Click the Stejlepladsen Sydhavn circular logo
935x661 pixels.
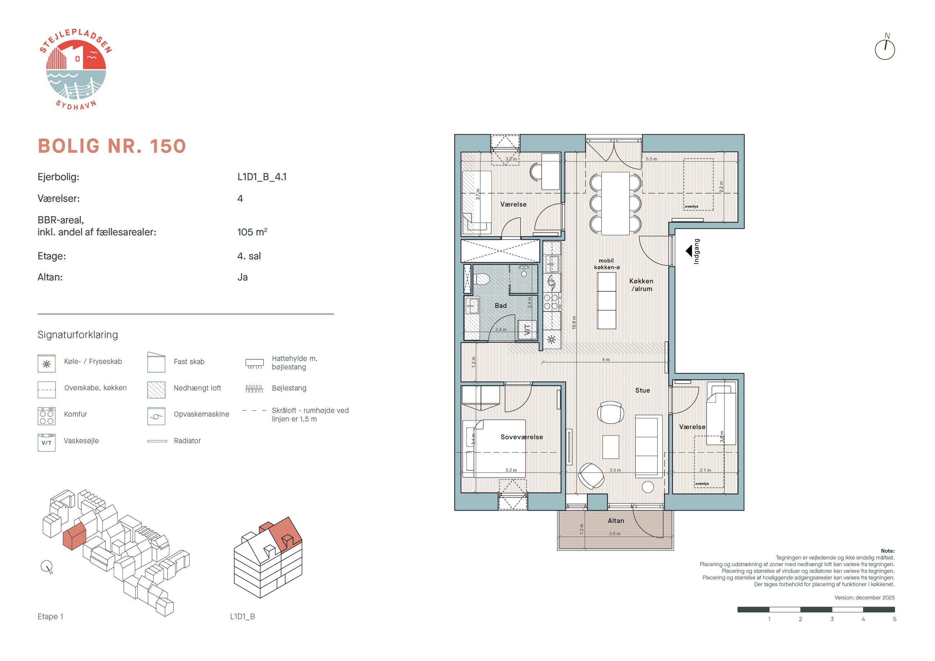pos(76,69)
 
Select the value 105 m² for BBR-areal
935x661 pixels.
pos(252,232)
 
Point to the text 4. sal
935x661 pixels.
pos(249,256)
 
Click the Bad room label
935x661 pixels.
pos(501,305)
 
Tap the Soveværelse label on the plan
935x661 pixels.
pos(522,437)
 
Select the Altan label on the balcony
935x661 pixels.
pos(616,520)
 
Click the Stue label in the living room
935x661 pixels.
pos(642,390)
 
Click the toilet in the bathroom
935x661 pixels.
pos(482,279)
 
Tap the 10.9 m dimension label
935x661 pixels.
pos(574,322)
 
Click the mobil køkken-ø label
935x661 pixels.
pos(606,264)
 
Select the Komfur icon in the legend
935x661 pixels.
pos(46,416)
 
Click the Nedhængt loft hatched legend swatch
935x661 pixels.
pos(156,390)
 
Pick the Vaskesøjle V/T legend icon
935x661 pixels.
pos(46,443)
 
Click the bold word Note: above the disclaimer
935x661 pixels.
pos(888,551)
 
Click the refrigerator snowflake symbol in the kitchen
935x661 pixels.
pos(551,339)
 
